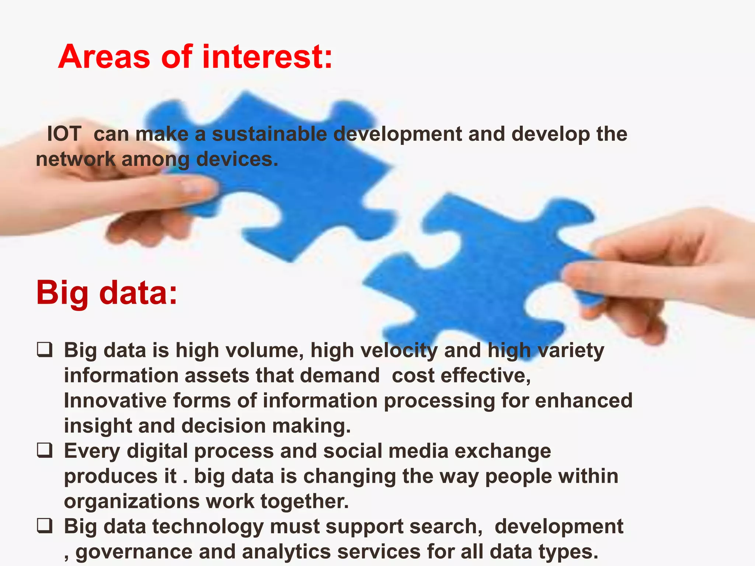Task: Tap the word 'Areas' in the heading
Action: coord(104,57)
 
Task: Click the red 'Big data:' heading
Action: coord(107,293)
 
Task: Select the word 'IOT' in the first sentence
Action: coord(64,134)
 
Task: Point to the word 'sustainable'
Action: coord(269,134)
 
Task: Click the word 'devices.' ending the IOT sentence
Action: coord(237,159)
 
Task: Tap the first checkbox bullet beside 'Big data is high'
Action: coord(45,349)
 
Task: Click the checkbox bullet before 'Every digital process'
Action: coord(45,450)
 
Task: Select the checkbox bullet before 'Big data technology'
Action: coord(45,526)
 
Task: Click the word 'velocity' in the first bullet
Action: coord(374,350)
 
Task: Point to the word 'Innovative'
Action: coord(115,401)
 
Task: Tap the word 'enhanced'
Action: coord(584,401)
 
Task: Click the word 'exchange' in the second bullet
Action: coord(503,451)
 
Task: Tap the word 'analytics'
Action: coord(286,552)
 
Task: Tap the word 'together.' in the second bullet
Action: coord(305,502)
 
